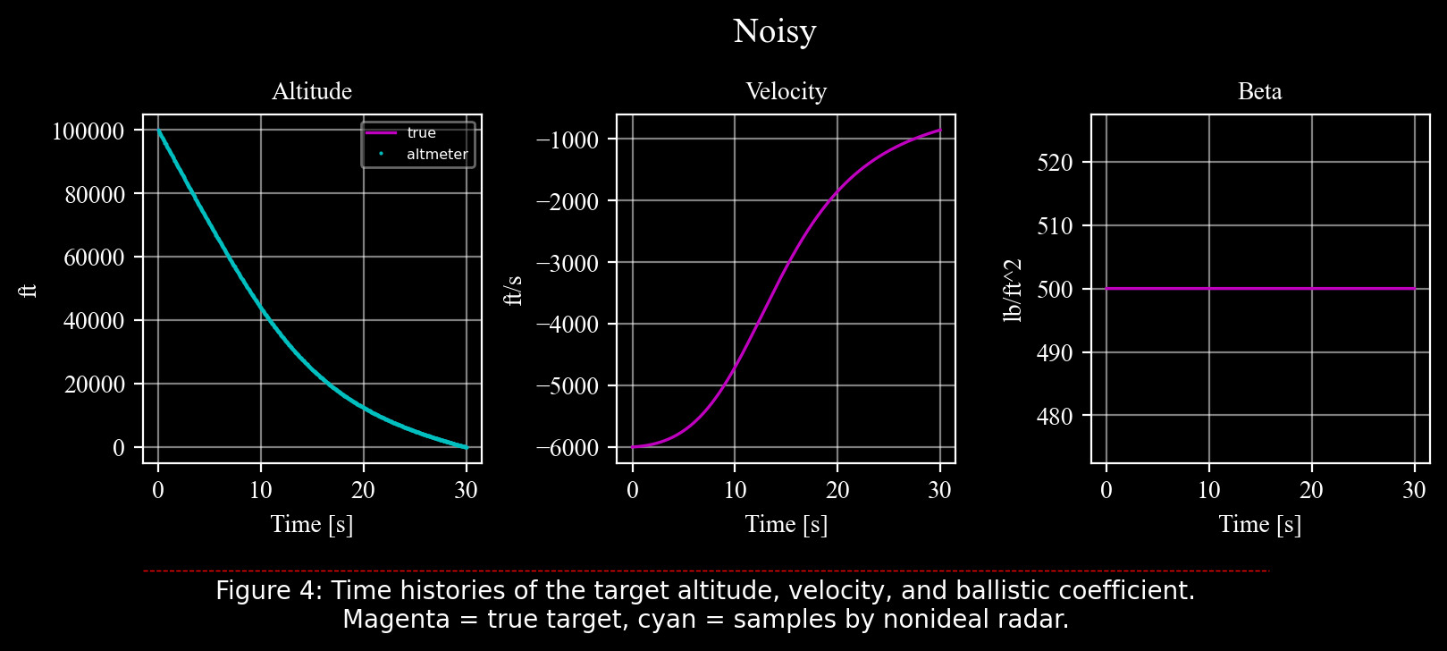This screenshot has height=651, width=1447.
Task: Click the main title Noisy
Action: (x=774, y=31)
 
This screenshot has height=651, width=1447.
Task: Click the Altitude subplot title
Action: (x=311, y=91)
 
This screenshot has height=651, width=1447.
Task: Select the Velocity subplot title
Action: (x=786, y=91)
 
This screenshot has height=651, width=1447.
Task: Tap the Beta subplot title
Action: (x=1259, y=91)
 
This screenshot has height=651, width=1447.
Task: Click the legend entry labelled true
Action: (x=421, y=133)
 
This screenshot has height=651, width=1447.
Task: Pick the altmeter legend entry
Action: (x=437, y=155)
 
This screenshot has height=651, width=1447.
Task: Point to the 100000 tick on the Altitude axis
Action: (x=88, y=131)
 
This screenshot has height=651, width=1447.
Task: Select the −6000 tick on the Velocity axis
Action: (x=566, y=448)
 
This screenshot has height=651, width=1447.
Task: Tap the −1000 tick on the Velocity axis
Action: (x=566, y=139)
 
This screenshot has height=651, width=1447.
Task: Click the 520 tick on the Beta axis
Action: (x=1055, y=163)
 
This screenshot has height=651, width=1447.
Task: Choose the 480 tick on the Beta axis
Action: (x=1055, y=417)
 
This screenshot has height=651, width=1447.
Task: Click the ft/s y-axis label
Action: (x=514, y=290)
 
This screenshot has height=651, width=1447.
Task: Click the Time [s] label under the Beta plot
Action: (x=1259, y=524)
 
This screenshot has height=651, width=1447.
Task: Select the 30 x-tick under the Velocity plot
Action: (x=939, y=490)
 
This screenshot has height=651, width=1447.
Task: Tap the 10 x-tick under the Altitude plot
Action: (x=261, y=490)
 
